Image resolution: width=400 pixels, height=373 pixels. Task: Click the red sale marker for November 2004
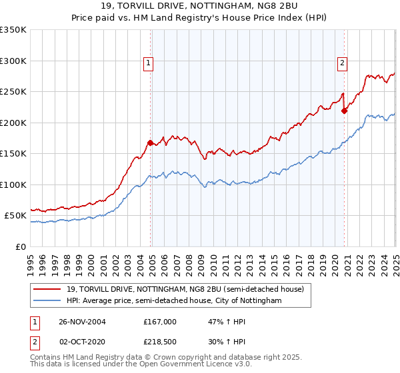151,142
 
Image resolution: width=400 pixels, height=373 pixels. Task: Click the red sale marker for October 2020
344,111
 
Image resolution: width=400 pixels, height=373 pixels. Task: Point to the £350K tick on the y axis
13,30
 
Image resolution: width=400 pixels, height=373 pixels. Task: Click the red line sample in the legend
47,289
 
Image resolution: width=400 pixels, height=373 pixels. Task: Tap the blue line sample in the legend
47,301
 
